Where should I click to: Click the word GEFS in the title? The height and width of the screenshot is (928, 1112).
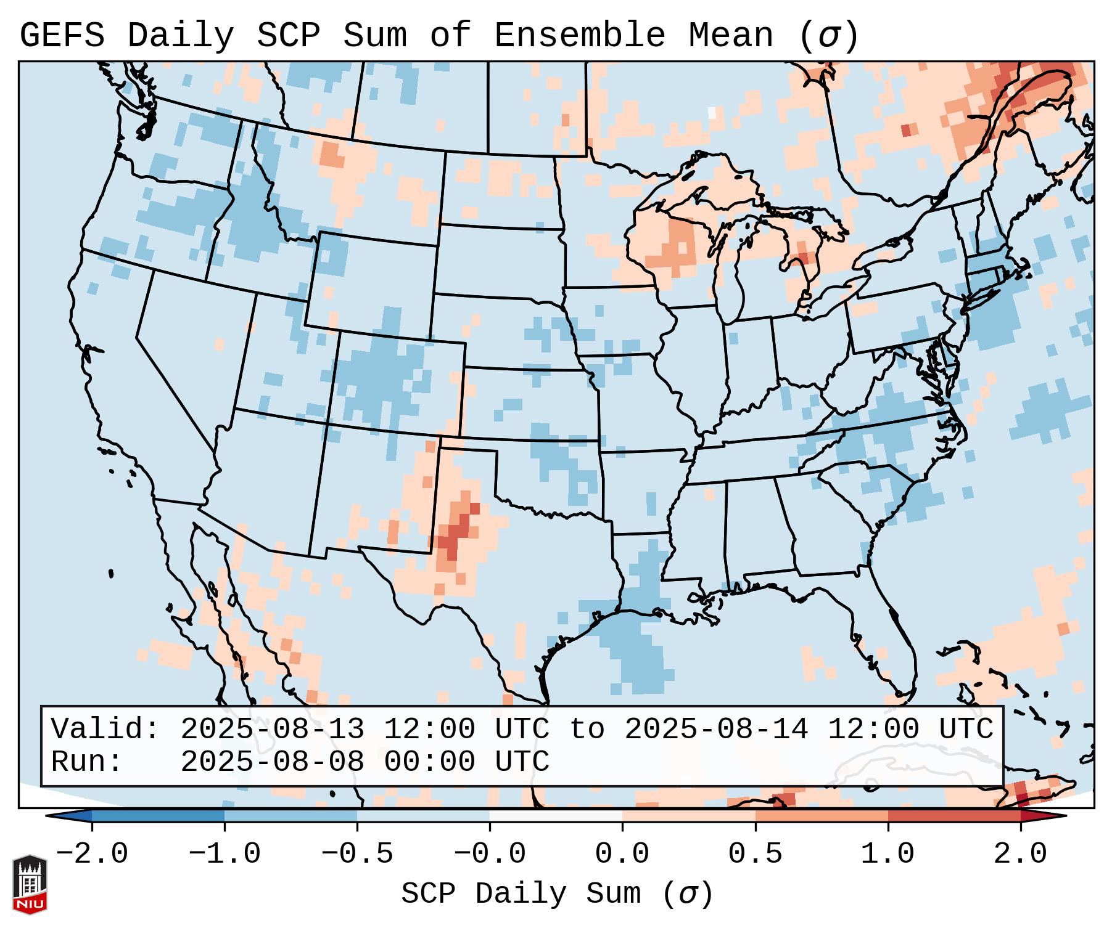click(x=62, y=36)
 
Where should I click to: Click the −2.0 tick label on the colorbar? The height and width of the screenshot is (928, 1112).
click(x=92, y=854)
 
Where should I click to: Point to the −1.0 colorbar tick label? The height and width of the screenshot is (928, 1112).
click(x=224, y=854)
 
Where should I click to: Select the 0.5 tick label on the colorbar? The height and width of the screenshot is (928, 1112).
click(x=756, y=854)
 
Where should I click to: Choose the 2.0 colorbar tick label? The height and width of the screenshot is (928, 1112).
click(x=1021, y=854)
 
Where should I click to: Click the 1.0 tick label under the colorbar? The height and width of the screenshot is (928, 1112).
click(x=888, y=854)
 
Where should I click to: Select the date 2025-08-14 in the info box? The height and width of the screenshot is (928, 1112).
click(x=716, y=729)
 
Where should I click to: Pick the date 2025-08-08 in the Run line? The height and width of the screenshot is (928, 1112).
click(x=272, y=762)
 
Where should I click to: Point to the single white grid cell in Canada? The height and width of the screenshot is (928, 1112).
click(x=712, y=113)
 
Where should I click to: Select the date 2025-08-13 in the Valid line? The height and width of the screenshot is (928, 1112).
click(x=272, y=729)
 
